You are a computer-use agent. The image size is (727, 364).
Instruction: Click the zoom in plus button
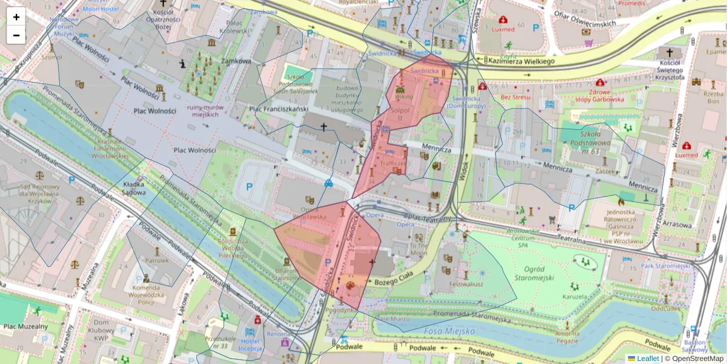[x=16, y=17]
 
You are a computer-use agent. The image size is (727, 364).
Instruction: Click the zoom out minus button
[x=16, y=35]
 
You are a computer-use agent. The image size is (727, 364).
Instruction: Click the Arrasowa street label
[x=677, y=224]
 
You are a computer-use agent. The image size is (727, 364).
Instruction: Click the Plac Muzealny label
[x=25, y=326]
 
